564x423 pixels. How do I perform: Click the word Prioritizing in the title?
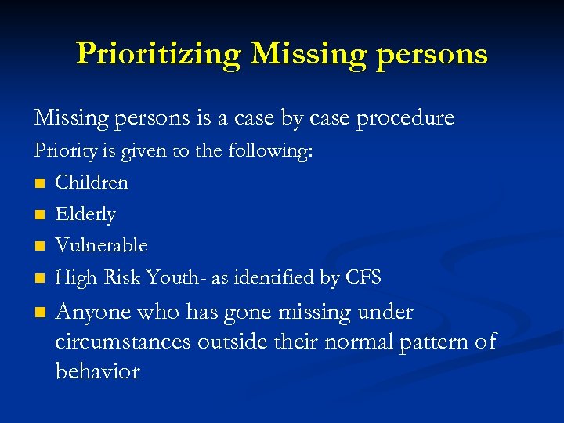click(160, 53)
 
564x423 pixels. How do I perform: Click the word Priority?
click(63, 151)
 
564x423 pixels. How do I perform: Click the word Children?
click(92, 183)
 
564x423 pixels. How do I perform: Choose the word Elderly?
click(85, 214)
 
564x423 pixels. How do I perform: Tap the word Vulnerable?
click(101, 245)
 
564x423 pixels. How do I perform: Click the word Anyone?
click(93, 313)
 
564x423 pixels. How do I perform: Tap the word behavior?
click(97, 371)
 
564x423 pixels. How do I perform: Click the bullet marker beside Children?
click(39, 183)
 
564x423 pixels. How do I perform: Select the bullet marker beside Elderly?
click(39, 215)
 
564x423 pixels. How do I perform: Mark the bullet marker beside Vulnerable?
click(39, 246)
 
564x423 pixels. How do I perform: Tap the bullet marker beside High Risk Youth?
click(39, 277)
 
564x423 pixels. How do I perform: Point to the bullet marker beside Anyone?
click(39, 313)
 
